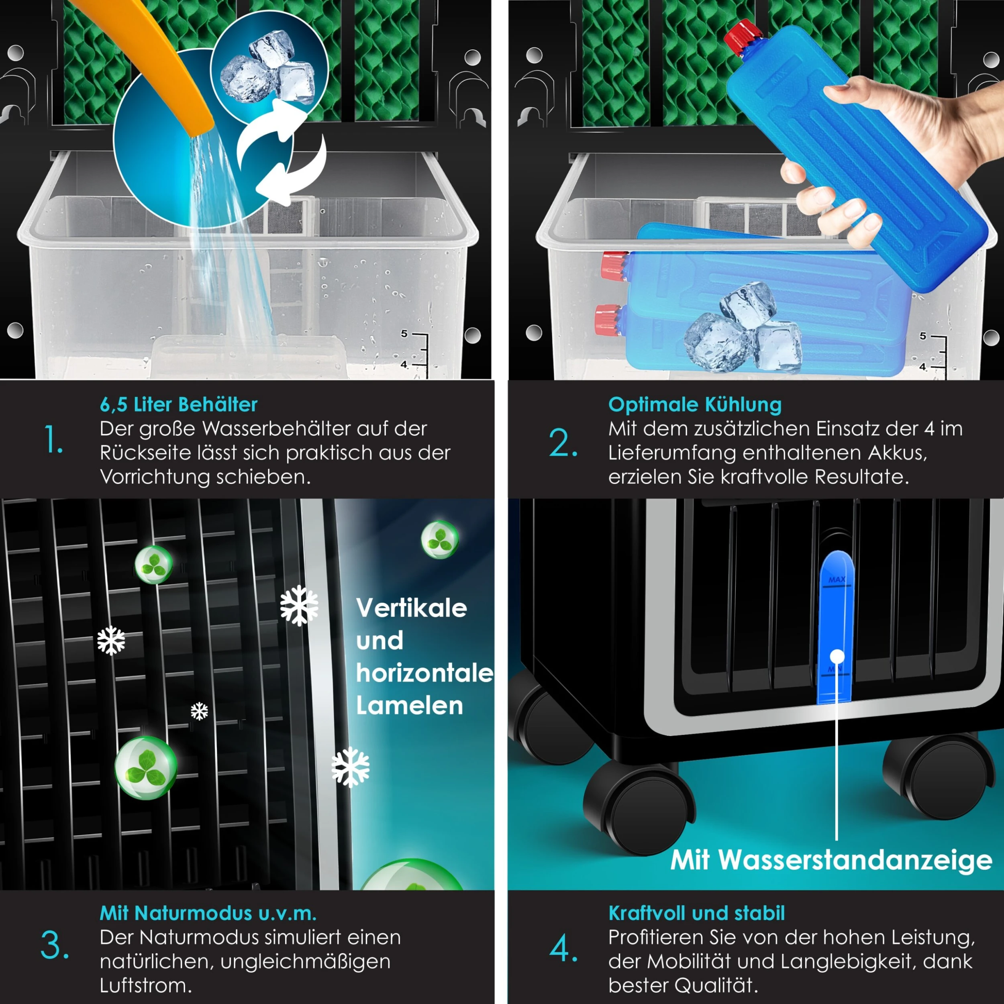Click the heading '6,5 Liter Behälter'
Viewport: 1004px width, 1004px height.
pyautogui.click(x=178, y=404)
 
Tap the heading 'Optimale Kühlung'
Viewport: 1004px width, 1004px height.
pyautogui.click(x=695, y=404)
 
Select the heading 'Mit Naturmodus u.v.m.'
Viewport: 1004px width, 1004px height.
pyautogui.click(x=208, y=913)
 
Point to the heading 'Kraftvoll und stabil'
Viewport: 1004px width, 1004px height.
pyautogui.click(x=696, y=913)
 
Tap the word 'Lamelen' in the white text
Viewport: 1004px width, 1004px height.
pyautogui.click(x=410, y=706)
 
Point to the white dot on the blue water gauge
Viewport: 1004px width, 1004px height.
pyautogui.click(x=837, y=656)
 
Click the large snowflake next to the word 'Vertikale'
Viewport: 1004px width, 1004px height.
pyautogui.click(x=299, y=606)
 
